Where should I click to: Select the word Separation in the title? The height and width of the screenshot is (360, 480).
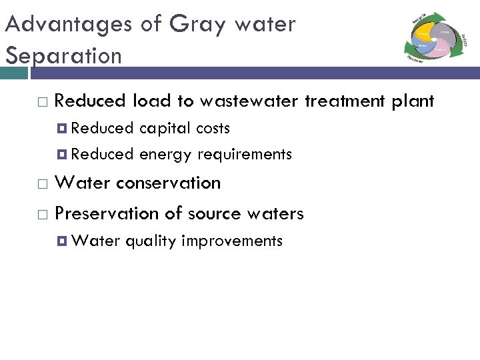point(63,55)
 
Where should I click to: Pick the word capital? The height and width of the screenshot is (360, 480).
point(165,128)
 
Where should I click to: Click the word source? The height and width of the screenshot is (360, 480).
point(214,213)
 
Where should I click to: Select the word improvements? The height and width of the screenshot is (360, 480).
point(232,241)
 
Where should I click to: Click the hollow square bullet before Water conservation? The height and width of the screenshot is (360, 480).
point(43,183)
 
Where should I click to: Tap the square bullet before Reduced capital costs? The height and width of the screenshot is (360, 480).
point(63,128)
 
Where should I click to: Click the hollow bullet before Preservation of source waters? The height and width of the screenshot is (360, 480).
point(43,214)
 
